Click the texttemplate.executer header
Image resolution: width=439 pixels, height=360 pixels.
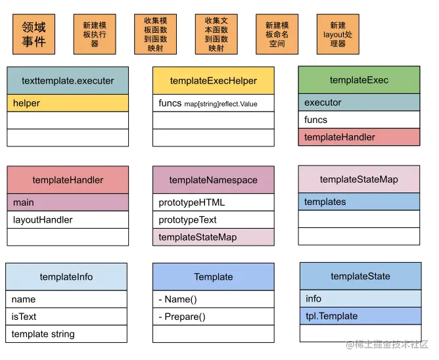[x=68, y=81]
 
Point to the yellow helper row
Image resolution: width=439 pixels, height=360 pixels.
[x=68, y=103]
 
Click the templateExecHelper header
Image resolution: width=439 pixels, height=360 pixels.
[x=214, y=81]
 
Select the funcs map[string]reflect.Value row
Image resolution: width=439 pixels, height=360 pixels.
[x=214, y=103]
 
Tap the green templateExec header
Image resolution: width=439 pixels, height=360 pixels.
[x=359, y=80]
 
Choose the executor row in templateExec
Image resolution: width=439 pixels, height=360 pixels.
[x=359, y=102]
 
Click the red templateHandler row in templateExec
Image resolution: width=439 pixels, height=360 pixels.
[x=359, y=137]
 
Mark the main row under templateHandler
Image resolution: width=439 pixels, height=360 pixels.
[x=68, y=202]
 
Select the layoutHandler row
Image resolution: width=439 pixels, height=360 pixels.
[x=68, y=219]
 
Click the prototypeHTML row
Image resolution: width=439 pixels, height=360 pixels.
[x=214, y=202]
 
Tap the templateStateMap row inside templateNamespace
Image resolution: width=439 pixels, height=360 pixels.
[x=214, y=236]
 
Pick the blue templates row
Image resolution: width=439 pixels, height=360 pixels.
[x=359, y=202]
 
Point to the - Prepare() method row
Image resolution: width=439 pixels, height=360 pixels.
[x=214, y=317]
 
